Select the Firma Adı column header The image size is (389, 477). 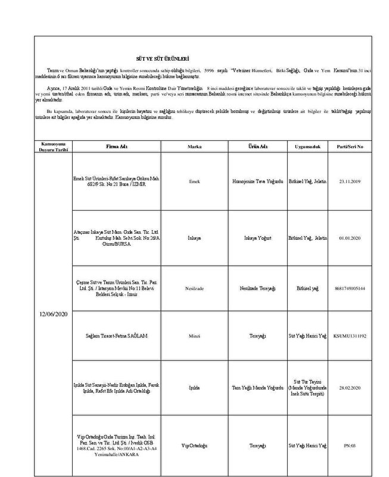[117, 146]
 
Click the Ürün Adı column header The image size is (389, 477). [258, 146]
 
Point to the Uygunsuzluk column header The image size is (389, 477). [307, 146]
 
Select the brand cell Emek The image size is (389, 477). [194, 180]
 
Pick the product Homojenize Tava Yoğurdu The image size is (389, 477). [258, 180]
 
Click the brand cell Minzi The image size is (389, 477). [194, 335]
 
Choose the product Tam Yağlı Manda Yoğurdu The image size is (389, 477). [258, 387]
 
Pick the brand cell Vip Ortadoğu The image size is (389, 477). [194, 444]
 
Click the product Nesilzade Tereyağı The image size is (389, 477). [258, 288]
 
